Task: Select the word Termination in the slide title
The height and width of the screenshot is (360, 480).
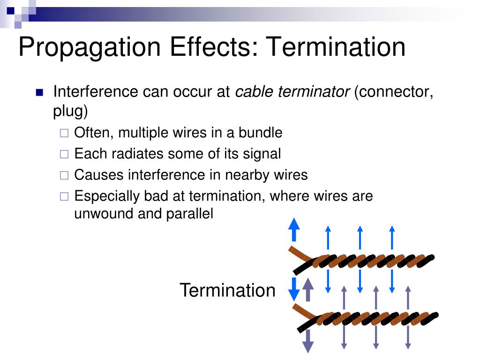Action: pyautogui.click(x=336, y=48)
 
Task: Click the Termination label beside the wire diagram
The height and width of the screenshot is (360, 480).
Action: pyautogui.click(x=227, y=290)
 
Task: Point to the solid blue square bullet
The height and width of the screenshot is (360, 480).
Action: pyautogui.click(x=39, y=92)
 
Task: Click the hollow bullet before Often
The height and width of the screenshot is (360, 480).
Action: pyautogui.click(x=64, y=134)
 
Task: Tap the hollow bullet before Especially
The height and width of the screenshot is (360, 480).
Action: pyautogui.click(x=64, y=196)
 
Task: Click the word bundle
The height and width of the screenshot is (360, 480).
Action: pyautogui.click(x=260, y=133)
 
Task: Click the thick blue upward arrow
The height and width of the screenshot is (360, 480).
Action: pyautogui.click(x=293, y=230)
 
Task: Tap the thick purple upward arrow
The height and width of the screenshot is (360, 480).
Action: pyautogui.click(x=308, y=290)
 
